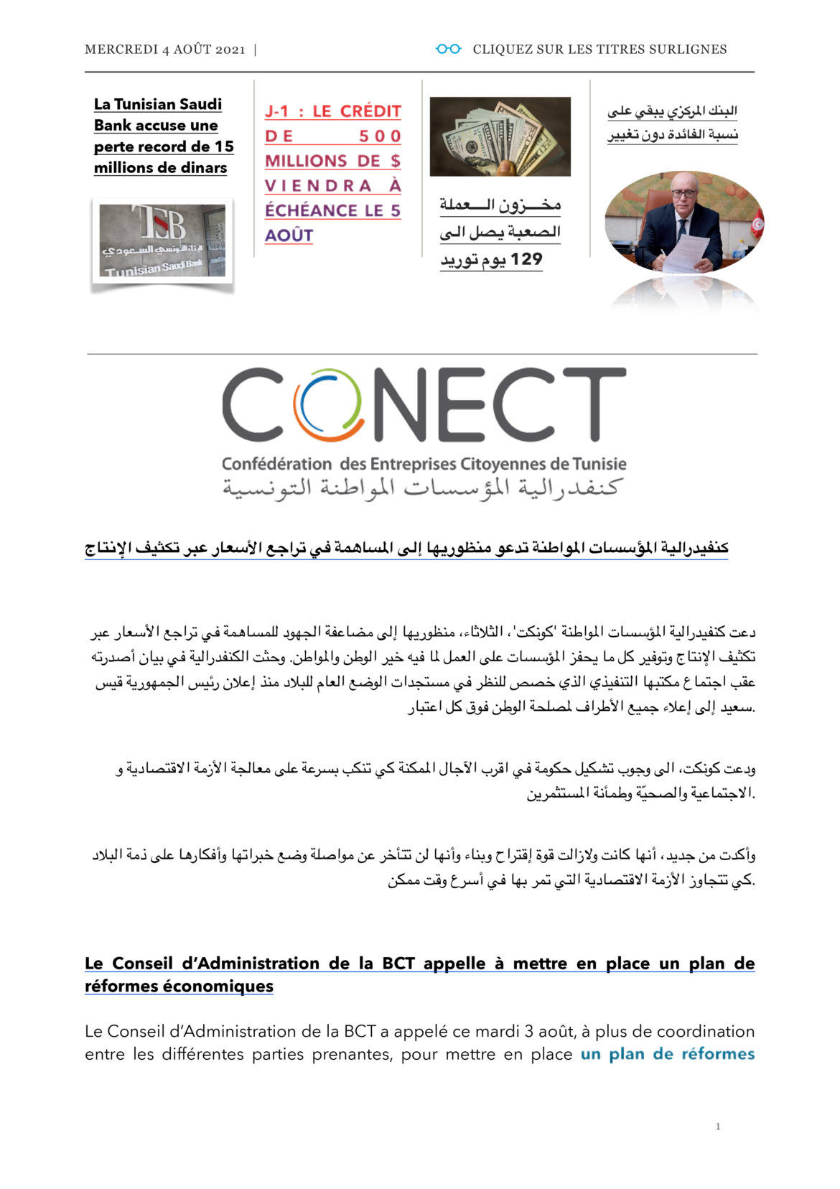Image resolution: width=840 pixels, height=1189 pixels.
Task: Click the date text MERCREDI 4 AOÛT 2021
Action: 164,50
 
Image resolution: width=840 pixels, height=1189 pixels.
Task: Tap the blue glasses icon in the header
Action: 448,49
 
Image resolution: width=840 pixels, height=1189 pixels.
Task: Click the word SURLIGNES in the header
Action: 688,50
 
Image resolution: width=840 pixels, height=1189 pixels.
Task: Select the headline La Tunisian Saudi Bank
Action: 164,136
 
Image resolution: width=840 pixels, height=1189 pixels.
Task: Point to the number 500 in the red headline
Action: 379,136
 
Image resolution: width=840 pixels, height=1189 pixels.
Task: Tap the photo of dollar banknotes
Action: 500,136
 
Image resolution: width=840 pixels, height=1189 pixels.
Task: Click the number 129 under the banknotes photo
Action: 526,259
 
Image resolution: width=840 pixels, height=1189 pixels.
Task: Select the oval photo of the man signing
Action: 683,222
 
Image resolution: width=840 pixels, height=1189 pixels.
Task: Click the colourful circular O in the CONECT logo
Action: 327,405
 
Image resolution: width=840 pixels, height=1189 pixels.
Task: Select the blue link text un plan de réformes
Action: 667,1054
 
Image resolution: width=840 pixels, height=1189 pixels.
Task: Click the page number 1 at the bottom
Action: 717,1127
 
